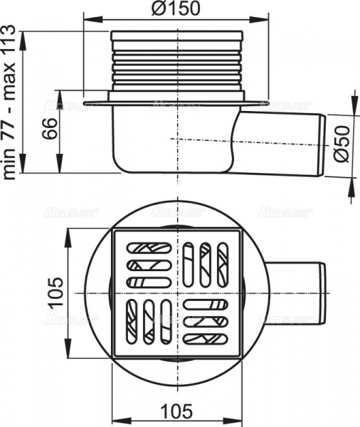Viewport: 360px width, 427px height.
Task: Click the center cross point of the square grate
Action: point(176,293)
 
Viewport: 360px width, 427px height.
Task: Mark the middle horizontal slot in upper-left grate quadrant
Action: point(148,265)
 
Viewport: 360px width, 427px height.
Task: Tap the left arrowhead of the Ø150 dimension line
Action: point(88,22)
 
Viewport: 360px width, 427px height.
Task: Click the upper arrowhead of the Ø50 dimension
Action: point(351,115)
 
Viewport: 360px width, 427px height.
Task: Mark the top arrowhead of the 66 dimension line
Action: point(59,93)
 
